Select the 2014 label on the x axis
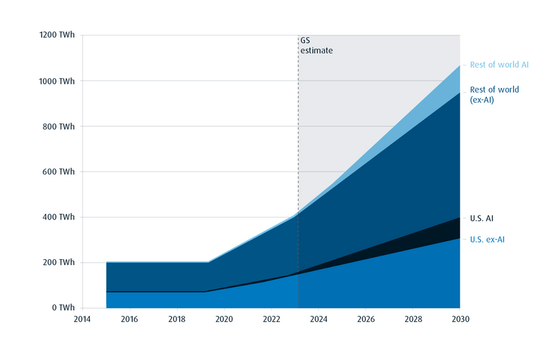coord(82,319)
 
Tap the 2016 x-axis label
coord(129,319)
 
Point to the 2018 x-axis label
coord(176,319)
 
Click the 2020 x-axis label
coord(224,319)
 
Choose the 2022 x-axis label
coord(271,319)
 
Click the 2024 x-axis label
coord(319,319)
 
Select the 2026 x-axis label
coord(366,319)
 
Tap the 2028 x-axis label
coord(414,319)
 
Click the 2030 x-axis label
coord(461,319)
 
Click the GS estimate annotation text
coord(316,46)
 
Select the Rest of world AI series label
coord(499,65)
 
